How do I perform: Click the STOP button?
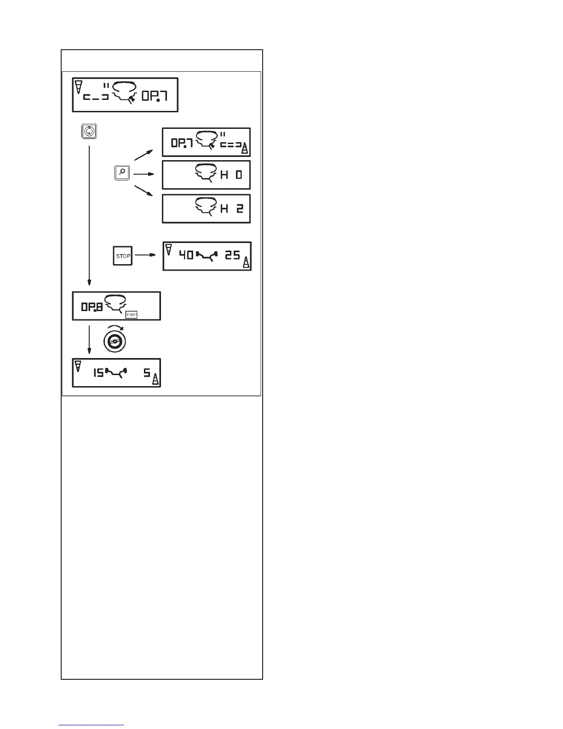(x=123, y=256)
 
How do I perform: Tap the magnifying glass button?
(x=122, y=174)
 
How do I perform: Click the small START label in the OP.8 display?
(x=132, y=315)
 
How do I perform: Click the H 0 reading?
(x=231, y=175)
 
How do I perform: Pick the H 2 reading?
(x=231, y=209)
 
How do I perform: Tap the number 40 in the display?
(x=186, y=255)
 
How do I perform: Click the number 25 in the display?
(x=233, y=255)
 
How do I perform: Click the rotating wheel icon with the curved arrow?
(x=113, y=340)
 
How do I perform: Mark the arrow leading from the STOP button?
(x=146, y=256)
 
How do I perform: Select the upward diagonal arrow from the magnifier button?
(x=144, y=155)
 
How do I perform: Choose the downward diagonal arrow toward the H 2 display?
(x=144, y=192)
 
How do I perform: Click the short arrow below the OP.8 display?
(x=89, y=341)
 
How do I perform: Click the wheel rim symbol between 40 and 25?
(x=208, y=255)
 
